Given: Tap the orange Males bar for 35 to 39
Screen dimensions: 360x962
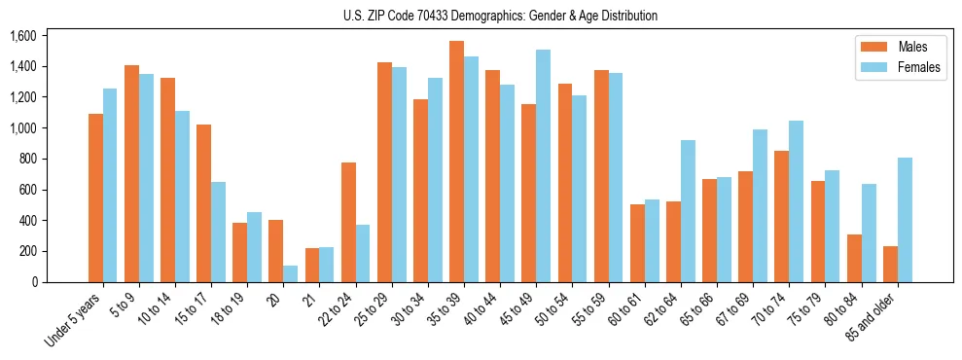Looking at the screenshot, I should click(456, 162).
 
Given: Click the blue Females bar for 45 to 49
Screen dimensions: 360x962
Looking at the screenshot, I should click(543, 166).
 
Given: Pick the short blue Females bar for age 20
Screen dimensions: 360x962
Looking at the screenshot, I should click(291, 273).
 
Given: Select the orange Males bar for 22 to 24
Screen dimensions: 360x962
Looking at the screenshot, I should click(348, 222).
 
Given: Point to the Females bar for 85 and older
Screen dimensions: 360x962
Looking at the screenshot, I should click(905, 220).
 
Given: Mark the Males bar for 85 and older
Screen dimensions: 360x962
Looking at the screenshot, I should click(889, 264).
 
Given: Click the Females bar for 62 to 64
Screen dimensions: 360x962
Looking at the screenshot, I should click(688, 211).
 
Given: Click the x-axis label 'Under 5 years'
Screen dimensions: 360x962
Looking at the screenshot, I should click(75, 320).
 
